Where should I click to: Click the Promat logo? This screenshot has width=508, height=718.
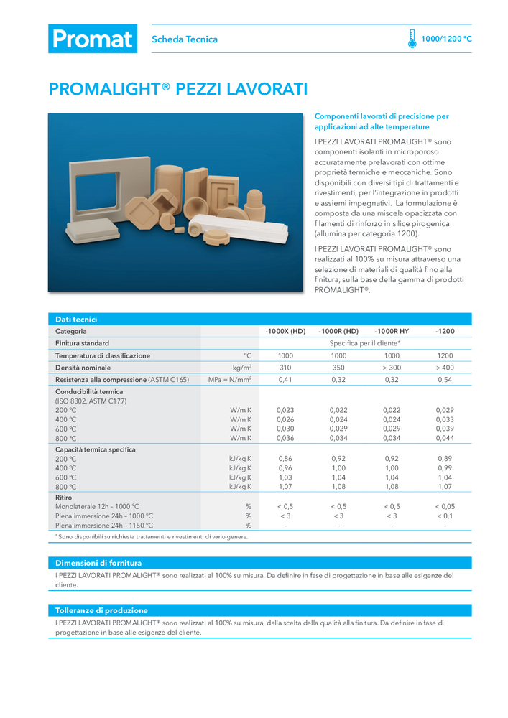(x=92, y=39)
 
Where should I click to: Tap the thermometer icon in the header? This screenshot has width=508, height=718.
(x=412, y=39)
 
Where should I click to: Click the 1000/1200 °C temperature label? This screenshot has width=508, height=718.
(x=446, y=39)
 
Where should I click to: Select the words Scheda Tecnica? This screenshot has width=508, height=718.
(x=185, y=39)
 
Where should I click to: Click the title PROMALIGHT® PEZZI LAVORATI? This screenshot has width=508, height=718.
(x=178, y=90)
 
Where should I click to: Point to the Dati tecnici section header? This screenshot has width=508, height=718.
(x=76, y=320)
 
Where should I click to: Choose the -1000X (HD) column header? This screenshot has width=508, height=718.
(x=285, y=331)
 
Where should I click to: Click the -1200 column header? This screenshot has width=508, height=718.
(x=445, y=331)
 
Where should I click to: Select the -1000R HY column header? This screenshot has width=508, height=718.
(x=392, y=331)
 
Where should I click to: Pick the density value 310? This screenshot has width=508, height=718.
(x=285, y=368)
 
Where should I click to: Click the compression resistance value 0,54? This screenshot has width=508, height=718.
(x=445, y=379)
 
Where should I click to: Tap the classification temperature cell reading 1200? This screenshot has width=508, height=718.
(x=445, y=355)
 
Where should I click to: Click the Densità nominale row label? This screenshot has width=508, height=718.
(x=83, y=368)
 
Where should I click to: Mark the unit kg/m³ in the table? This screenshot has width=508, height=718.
(x=241, y=368)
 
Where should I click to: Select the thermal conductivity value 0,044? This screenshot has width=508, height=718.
(x=445, y=438)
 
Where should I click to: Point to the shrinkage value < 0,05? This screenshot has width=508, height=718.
(x=445, y=506)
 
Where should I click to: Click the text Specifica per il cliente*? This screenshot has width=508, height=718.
(x=365, y=343)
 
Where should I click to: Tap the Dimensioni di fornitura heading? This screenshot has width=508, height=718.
(x=98, y=563)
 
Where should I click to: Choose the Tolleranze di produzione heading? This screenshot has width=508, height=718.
(x=101, y=610)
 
